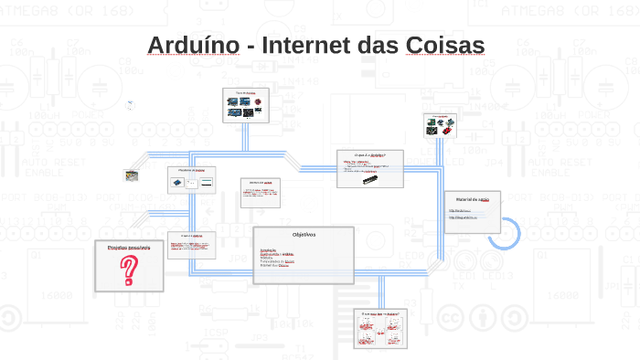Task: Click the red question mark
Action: click(x=131, y=270)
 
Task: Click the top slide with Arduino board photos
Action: click(x=248, y=105)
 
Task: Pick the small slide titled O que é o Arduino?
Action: click(x=369, y=168)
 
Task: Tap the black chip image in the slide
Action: click(x=369, y=175)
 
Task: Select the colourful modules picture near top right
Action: click(x=440, y=126)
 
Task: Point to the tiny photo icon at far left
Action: click(x=132, y=175)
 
